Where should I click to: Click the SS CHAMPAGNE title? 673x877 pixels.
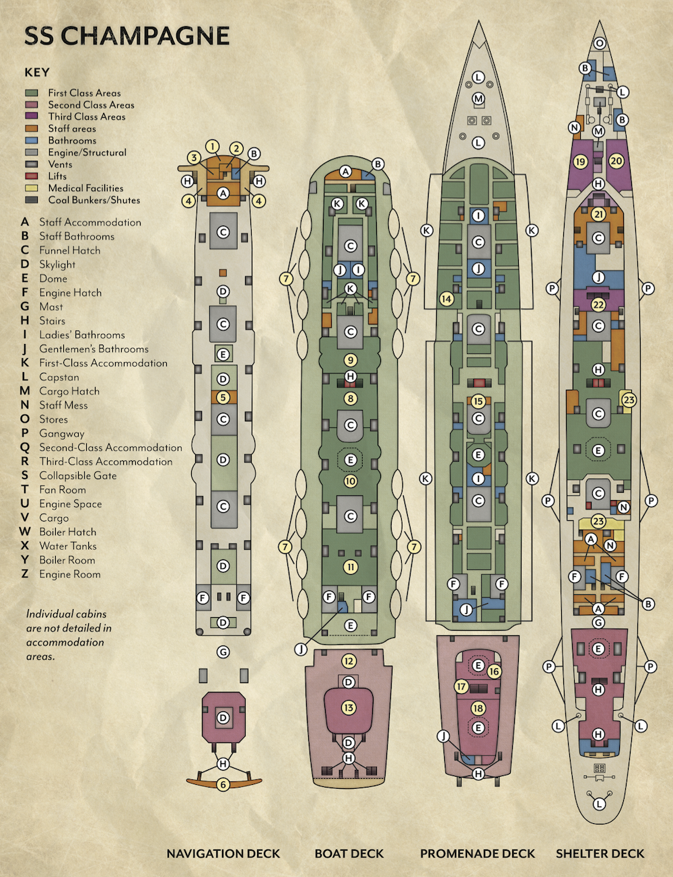127,36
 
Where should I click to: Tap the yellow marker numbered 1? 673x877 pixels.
213,147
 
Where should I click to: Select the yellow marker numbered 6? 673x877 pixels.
223,784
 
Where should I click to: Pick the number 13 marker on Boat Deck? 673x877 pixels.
349,707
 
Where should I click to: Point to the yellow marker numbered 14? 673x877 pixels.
446,299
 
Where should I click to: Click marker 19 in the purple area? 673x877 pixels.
581,162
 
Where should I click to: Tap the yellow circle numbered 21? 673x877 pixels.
598,215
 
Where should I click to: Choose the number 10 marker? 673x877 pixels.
350,481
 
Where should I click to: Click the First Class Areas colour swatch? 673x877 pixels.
32,93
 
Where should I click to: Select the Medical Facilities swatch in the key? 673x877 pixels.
32,188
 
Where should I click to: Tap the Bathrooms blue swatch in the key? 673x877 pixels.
32,141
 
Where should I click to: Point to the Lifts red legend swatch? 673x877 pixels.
32,176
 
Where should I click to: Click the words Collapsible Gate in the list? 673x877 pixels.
77,475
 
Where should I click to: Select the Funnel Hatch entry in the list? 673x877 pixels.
69,250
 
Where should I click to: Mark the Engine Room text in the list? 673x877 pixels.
69,574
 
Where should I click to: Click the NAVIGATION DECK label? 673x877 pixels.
223,853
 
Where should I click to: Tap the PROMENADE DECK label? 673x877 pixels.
477,853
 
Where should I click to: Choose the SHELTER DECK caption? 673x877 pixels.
600,853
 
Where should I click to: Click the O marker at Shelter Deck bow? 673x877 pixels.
599,44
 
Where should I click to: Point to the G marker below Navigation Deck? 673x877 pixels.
223,652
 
